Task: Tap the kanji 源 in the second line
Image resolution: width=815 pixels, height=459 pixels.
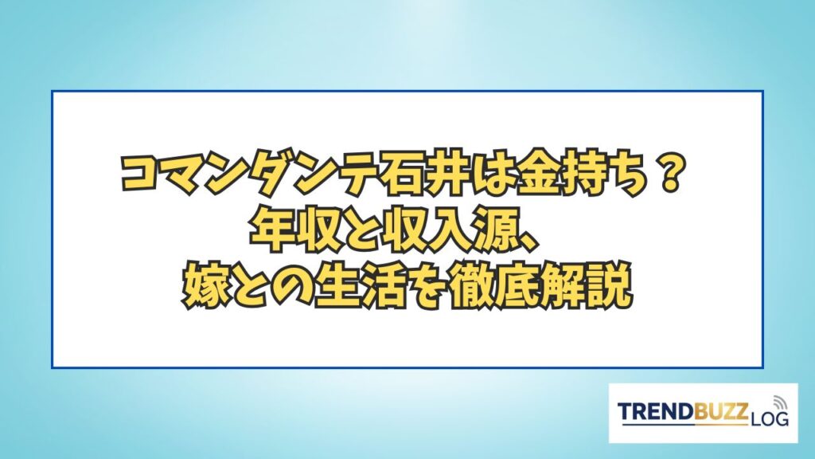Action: point(501,230)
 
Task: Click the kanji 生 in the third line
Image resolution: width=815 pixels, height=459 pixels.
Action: point(338,286)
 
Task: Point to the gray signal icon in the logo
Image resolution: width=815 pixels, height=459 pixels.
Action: point(780,402)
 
